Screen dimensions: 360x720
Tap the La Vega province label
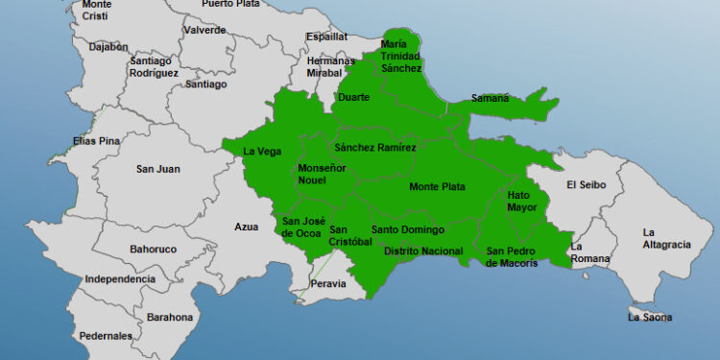[262, 151]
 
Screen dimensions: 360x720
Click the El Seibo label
[586, 184]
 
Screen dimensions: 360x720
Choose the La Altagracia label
[666, 238]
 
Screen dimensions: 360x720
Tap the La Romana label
[590, 252]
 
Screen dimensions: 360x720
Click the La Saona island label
[650, 317]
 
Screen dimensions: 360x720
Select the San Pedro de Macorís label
[524, 257]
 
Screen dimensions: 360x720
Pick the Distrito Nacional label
[423, 252]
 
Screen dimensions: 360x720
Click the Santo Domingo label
[408, 229]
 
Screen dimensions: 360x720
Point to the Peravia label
[329, 284]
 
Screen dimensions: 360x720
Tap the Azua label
[247, 228]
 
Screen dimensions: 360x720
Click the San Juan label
[157, 169]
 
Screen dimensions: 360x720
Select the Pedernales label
[107, 336]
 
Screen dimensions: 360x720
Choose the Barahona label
[170, 317]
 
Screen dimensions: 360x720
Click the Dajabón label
[108, 46]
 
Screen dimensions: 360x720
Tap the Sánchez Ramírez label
[375, 148]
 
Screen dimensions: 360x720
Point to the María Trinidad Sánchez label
[400, 56]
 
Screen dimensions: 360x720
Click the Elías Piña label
[97, 141]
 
